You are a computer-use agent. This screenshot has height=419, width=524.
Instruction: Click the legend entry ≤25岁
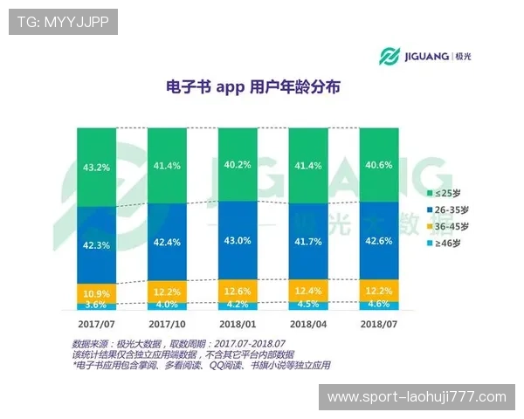444,192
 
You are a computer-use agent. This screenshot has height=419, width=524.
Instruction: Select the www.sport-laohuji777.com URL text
416,397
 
